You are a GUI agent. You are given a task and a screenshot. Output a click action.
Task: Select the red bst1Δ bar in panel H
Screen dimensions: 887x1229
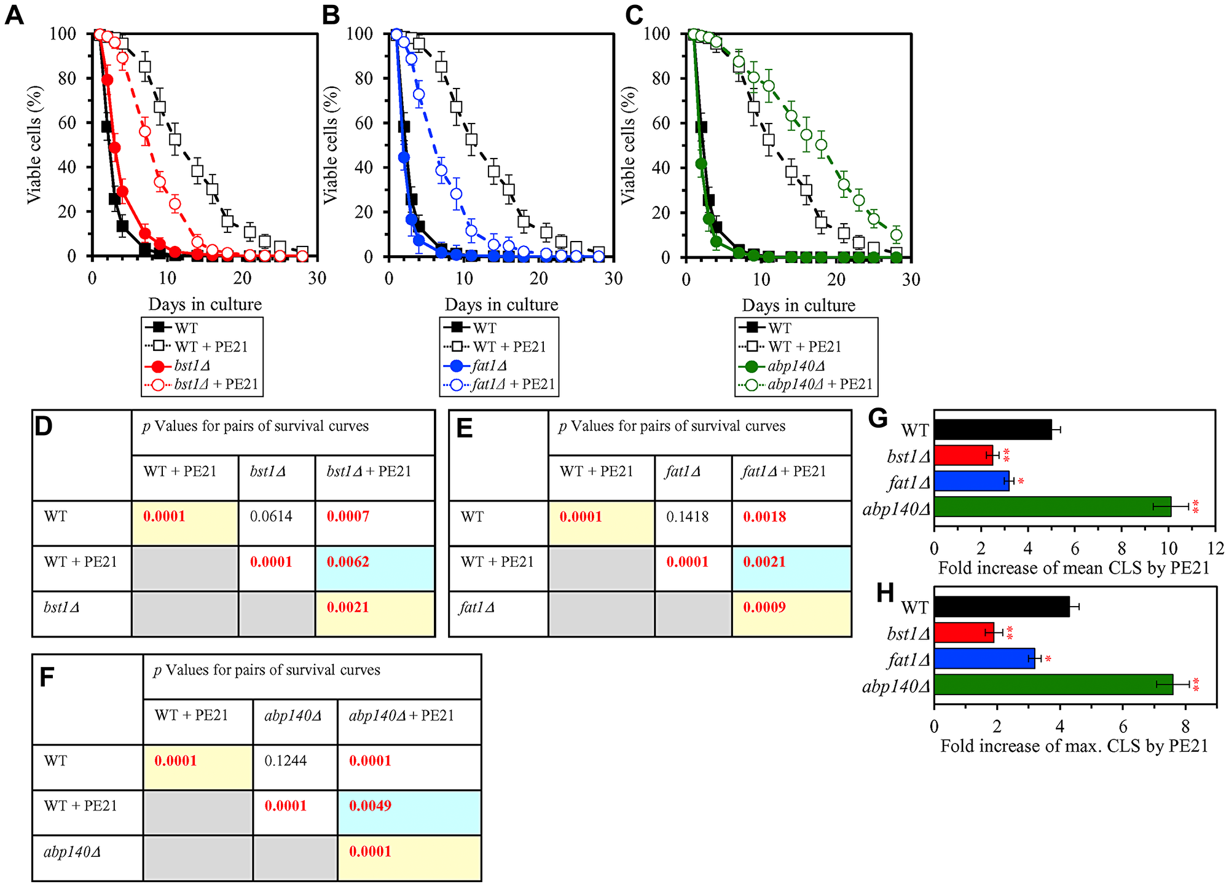click(964, 633)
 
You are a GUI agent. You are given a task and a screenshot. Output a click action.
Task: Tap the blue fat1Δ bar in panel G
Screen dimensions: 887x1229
click(971, 481)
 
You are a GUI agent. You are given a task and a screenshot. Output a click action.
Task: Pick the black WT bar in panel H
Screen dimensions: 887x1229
click(1001, 607)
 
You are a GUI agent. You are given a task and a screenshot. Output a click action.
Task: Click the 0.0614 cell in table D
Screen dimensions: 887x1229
click(271, 516)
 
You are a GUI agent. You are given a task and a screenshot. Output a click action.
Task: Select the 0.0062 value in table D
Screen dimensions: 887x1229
click(348, 562)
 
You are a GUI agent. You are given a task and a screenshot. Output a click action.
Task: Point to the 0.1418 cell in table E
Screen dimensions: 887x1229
click(687, 517)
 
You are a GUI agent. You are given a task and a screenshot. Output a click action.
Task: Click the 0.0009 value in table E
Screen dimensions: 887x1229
click(764, 607)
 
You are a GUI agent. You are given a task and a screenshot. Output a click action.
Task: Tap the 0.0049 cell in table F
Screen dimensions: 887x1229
click(370, 806)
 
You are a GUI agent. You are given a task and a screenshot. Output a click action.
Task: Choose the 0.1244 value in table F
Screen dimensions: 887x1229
click(285, 761)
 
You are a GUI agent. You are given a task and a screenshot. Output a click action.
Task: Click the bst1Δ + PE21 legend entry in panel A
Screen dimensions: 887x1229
click(216, 385)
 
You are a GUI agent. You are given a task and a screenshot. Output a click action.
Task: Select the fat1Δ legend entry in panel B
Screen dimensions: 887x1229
click(489, 366)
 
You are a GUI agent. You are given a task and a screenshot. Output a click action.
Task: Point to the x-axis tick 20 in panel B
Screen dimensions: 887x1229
click(538, 278)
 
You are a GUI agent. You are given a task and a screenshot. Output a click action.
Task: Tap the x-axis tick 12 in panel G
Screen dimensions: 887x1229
click(1215, 548)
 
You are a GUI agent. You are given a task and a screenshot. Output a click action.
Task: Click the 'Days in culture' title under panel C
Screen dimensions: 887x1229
click(798, 306)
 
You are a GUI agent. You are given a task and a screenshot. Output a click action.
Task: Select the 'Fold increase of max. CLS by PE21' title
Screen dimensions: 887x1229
click(1074, 746)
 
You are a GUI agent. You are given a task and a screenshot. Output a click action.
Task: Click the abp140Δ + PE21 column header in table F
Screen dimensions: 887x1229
click(401, 716)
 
